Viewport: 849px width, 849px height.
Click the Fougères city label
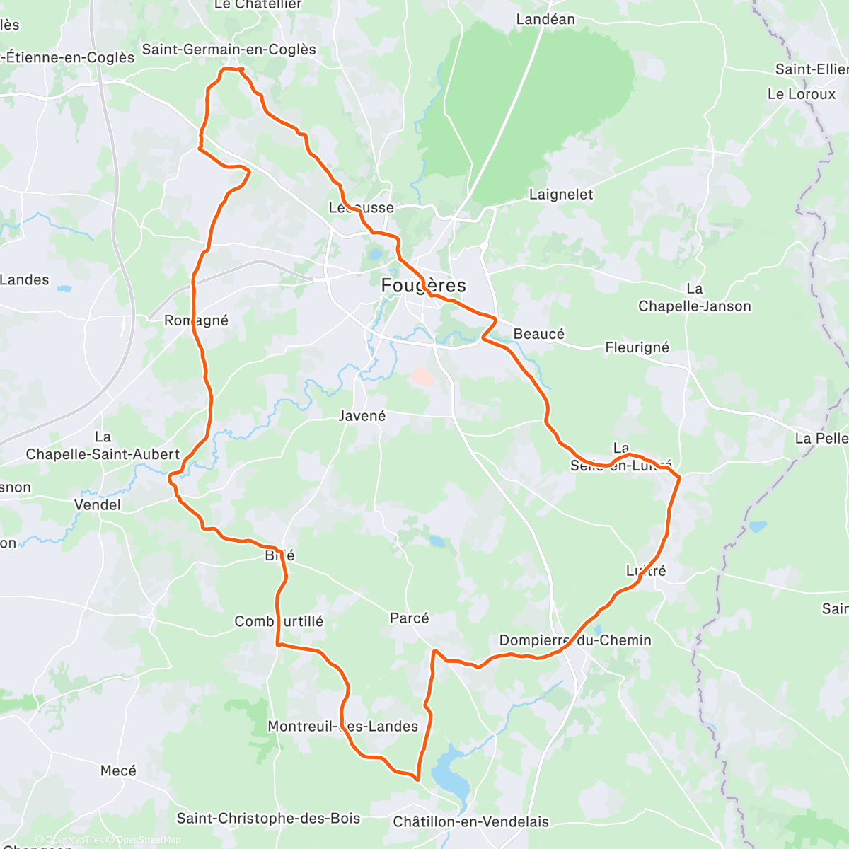click(x=423, y=286)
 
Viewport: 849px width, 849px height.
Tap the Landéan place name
click(x=545, y=20)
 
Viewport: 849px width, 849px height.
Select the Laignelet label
click(x=561, y=195)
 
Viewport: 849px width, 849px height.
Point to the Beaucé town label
click(x=539, y=334)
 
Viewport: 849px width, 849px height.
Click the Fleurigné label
click(x=637, y=347)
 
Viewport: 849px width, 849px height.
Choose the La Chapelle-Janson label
click(x=695, y=298)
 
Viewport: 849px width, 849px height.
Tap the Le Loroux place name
click(x=802, y=94)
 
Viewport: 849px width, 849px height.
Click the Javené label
click(x=362, y=416)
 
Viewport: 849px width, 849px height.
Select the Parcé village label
click(x=410, y=618)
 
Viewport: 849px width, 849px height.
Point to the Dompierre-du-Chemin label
click(x=575, y=640)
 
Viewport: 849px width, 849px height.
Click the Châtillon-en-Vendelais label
click(x=471, y=822)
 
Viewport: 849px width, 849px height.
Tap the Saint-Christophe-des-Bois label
click(x=268, y=819)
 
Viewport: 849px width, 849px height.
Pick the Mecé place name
click(x=118, y=770)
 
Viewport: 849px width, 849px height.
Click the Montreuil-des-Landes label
click(x=342, y=727)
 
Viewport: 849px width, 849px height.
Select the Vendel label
click(x=98, y=505)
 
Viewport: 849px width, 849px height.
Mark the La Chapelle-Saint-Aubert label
click(x=103, y=446)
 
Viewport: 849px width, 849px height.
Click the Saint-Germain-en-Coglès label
click(x=229, y=50)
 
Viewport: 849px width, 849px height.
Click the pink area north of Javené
click(x=423, y=376)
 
